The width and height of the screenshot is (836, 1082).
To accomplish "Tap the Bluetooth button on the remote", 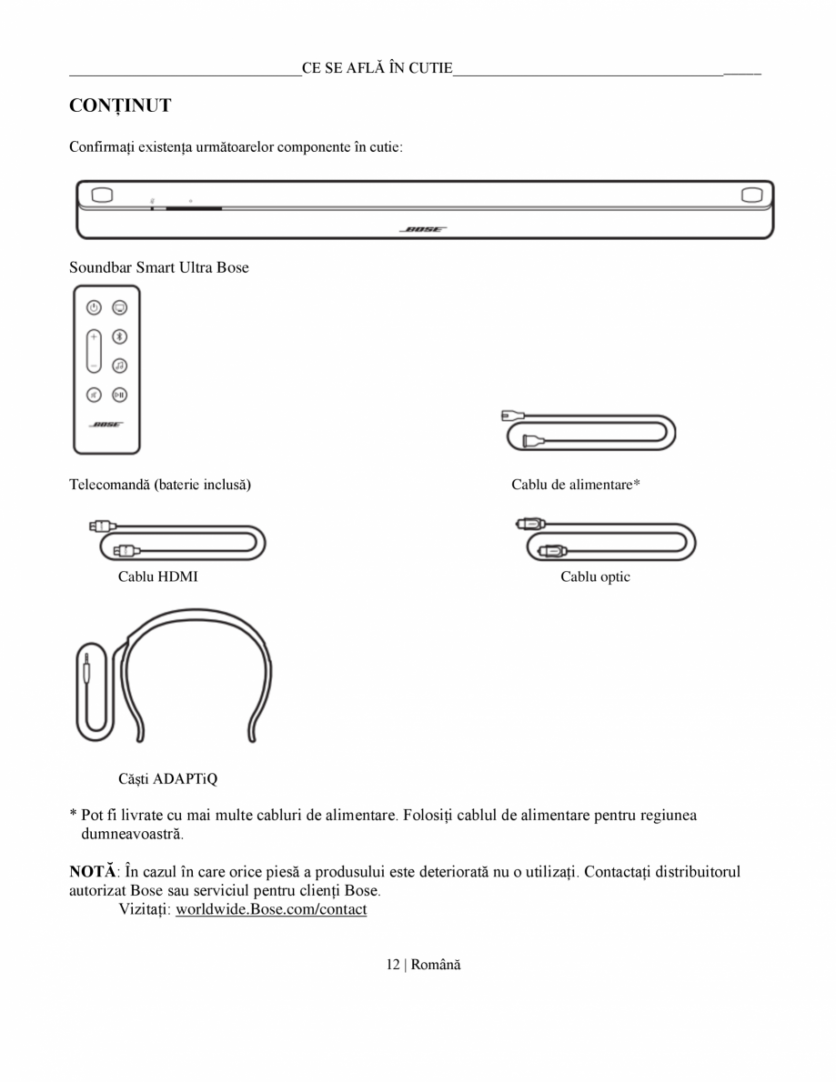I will click(119, 336).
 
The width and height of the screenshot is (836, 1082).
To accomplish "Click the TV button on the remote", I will click(119, 307).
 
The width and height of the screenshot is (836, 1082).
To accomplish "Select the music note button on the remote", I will click(119, 366).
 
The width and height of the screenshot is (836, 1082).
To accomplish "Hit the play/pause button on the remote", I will click(119, 395).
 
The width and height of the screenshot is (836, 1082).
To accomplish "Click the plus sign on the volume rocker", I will click(94, 336).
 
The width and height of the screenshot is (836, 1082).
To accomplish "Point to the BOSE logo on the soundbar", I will click(422, 230).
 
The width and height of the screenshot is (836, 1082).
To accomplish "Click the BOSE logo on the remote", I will click(106, 425).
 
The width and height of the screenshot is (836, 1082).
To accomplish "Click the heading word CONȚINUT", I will click(120, 106).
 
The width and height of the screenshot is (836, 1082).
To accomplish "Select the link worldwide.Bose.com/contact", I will click(271, 909).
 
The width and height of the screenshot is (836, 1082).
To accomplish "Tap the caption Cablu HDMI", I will click(157, 576).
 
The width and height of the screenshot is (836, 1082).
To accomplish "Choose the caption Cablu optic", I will click(595, 576).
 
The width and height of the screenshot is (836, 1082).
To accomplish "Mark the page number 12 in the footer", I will click(392, 964).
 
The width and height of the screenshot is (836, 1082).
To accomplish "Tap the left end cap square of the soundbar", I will click(102, 195).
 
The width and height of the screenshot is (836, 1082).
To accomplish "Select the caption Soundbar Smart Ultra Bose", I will click(159, 267).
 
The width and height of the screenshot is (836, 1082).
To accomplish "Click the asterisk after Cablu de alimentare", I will click(637, 484).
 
